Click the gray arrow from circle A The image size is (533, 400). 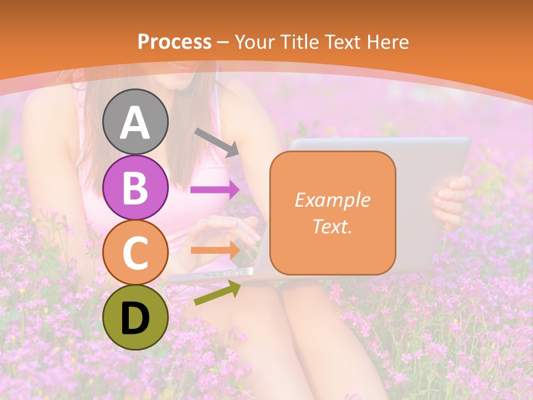(217, 142)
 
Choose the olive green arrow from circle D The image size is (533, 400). (217, 293)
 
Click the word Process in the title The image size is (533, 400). (174, 42)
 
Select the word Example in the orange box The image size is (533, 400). (332, 200)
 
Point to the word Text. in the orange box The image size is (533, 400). (332, 227)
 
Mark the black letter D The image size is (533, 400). (135, 318)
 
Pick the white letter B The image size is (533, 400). (135, 188)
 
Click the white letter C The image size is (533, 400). (135, 253)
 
